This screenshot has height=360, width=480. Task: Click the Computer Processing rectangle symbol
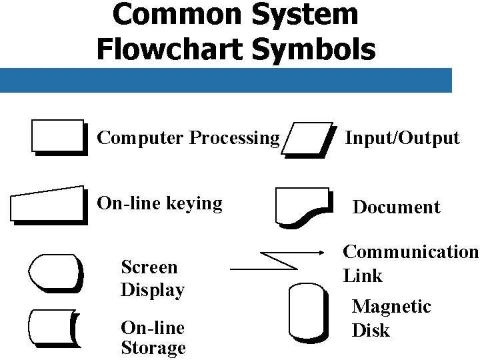pyautogui.click(x=59, y=137)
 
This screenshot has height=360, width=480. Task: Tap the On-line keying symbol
pyautogui.click(x=49, y=204)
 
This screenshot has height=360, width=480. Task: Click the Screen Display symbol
pyautogui.click(x=55, y=273)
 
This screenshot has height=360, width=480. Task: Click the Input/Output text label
pyautogui.click(x=402, y=138)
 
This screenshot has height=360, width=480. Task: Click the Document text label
pyautogui.click(x=396, y=207)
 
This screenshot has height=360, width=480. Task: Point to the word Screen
pyautogui.click(x=149, y=267)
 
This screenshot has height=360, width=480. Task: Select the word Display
pyautogui.click(x=152, y=290)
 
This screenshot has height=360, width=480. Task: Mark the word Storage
pyautogui.click(x=153, y=348)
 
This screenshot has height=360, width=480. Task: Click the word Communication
pyautogui.click(x=411, y=251)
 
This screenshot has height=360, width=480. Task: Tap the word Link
pyautogui.click(x=363, y=275)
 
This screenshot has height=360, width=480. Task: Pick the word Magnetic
pyautogui.click(x=391, y=307)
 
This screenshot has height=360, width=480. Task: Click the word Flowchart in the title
pyautogui.click(x=175, y=48)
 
